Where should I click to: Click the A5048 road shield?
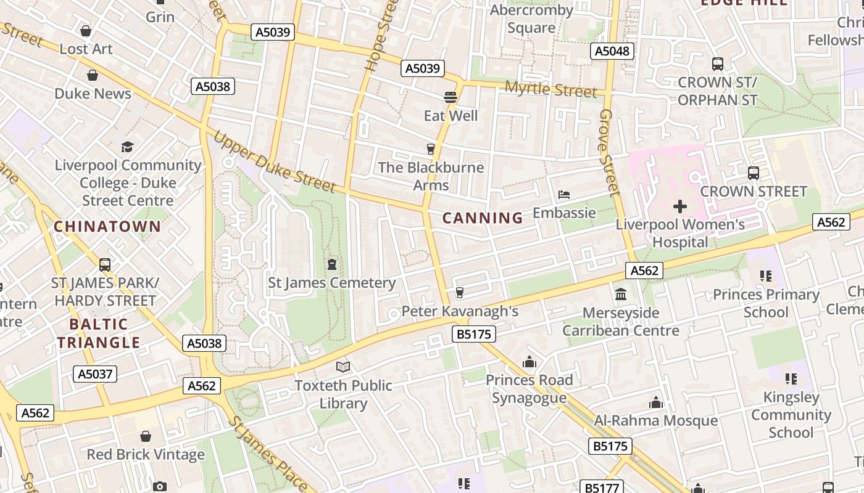(x=612, y=51)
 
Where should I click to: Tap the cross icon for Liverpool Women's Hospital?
(x=680, y=206)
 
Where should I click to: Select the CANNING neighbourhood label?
(x=483, y=218)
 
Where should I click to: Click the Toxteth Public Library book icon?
(x=343, y=367)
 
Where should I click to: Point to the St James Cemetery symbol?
(x=332, y=265)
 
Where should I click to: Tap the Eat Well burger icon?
(x=451, y=97)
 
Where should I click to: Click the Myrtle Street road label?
(x=551, y=89)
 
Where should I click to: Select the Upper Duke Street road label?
(x=274, y=161)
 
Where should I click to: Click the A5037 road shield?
(x=95, y=373)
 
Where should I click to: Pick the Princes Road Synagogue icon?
(x=529, y=362)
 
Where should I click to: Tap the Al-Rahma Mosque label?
(x=655, y=421)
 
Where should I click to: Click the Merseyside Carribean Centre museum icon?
(x=621, y=295)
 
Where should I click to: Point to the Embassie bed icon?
(x=564, y=195)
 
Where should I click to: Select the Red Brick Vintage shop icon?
(x=146, y=436)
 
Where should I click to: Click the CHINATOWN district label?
(x=107, y=226)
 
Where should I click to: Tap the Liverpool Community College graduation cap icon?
(x=127, y=147)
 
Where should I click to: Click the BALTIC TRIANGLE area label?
(x=99, y=333)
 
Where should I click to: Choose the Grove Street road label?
(x=609, y=153)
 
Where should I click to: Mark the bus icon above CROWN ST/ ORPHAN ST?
(x=717, y=64)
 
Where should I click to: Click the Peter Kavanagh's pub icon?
(x=459, y=293)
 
